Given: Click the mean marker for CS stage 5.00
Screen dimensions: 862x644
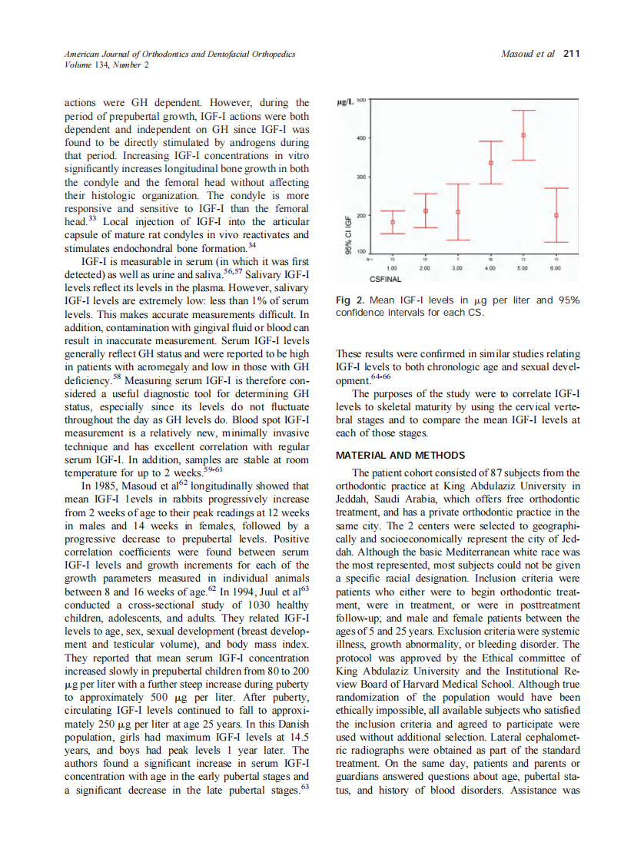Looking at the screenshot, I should click(x=523, y=135).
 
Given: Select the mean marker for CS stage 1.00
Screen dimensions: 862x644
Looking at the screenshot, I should click(x=393, y=223).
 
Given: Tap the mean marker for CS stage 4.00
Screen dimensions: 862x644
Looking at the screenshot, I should click(x=491, y=163).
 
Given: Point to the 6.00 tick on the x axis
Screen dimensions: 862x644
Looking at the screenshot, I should click(x=556, y=268).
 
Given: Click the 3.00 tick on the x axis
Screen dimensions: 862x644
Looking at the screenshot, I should click(x=458, y=268).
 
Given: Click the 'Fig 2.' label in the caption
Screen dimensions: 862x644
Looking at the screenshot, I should click(x=350, y=300).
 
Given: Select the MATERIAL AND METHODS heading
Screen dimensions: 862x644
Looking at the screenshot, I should click(x=400, y=456).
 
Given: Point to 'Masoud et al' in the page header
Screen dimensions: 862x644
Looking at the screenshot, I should click(x=527, y=54).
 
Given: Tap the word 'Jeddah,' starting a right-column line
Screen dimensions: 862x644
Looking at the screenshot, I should click(x=354, y=499).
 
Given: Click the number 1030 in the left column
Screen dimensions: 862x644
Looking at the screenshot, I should click(x=218, y=605).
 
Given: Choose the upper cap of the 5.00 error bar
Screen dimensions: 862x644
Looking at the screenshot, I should click(x=523, y=111).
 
